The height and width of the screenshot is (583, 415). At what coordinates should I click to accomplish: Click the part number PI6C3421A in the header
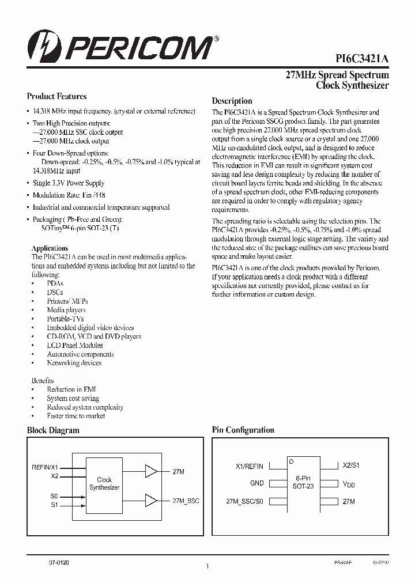tap(362, 59)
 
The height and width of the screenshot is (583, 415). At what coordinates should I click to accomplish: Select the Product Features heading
tap(56, 97)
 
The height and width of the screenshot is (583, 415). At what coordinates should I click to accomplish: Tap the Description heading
tap(232, 101)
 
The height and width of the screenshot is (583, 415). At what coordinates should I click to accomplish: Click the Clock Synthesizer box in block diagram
tap(104, 483)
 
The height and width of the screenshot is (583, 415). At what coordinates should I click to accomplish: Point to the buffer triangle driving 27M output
tap(151, 472)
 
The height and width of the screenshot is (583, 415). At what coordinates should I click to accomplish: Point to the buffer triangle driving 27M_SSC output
tap(151, 500)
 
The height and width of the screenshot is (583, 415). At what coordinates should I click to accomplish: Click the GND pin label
tap(256, 484)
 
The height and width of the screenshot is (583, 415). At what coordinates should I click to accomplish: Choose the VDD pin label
tap(349, 484)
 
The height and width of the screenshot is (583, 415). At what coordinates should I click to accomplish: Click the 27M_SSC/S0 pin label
tap(245, 502)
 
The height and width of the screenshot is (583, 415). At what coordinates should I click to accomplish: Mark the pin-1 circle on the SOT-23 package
tap(292, 461)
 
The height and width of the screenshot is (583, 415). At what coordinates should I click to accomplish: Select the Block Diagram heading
tap(53, 430)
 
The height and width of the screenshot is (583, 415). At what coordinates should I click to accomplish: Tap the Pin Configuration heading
tap(243, 430)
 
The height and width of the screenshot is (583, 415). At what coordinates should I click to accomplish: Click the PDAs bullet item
tap(55, 284)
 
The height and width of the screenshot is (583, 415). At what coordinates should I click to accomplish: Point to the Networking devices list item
tap(74, 363)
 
